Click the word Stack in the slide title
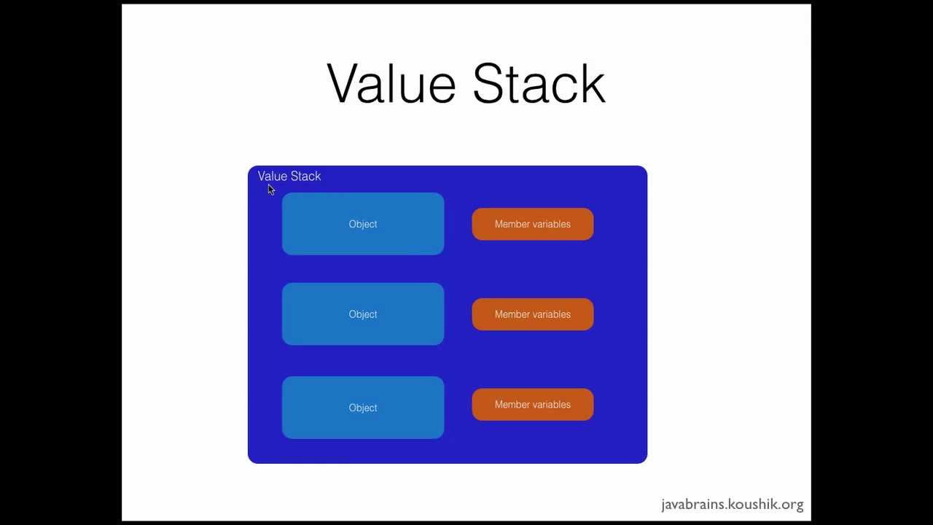[539, 84]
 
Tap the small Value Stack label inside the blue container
[289, 176]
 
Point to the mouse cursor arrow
[270, 190]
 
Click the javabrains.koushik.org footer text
[732, 505]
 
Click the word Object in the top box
[363, 225]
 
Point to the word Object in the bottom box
[363, 408]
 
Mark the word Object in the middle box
[363, 314]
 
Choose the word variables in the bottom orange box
[552, 405]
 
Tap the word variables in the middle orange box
[552, 314]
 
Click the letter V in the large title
[344, 84]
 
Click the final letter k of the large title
[593, 84]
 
